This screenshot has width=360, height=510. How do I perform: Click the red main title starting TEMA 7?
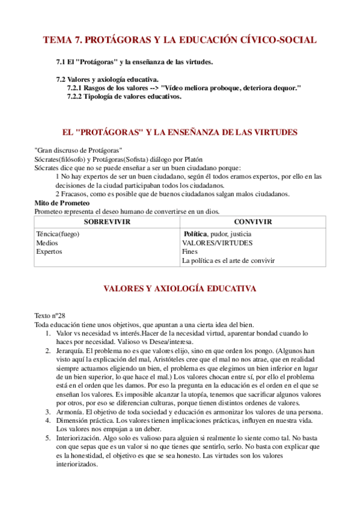180,40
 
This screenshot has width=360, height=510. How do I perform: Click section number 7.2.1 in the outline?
75,88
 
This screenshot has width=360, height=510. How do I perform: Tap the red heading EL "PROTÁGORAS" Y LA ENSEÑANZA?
180,132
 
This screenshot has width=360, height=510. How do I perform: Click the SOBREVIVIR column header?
107,222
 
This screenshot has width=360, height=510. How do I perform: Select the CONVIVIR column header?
252,222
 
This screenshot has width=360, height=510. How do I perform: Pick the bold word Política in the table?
196,234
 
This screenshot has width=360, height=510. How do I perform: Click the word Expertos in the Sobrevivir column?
49,252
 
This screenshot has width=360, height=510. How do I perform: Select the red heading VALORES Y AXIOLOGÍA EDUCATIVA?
180,289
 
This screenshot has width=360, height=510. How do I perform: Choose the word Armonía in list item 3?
69,412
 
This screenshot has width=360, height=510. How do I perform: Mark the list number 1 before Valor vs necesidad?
48,333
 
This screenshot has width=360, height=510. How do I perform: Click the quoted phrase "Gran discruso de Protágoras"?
79,150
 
